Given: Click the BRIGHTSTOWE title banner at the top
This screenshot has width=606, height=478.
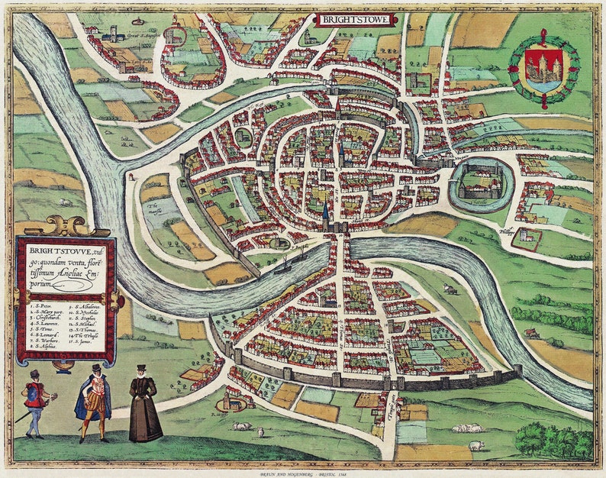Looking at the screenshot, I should coord(353,18).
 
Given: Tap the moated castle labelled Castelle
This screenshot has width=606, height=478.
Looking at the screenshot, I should coord(479,183).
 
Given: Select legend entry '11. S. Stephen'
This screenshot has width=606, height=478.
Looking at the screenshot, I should coord(86,319).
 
